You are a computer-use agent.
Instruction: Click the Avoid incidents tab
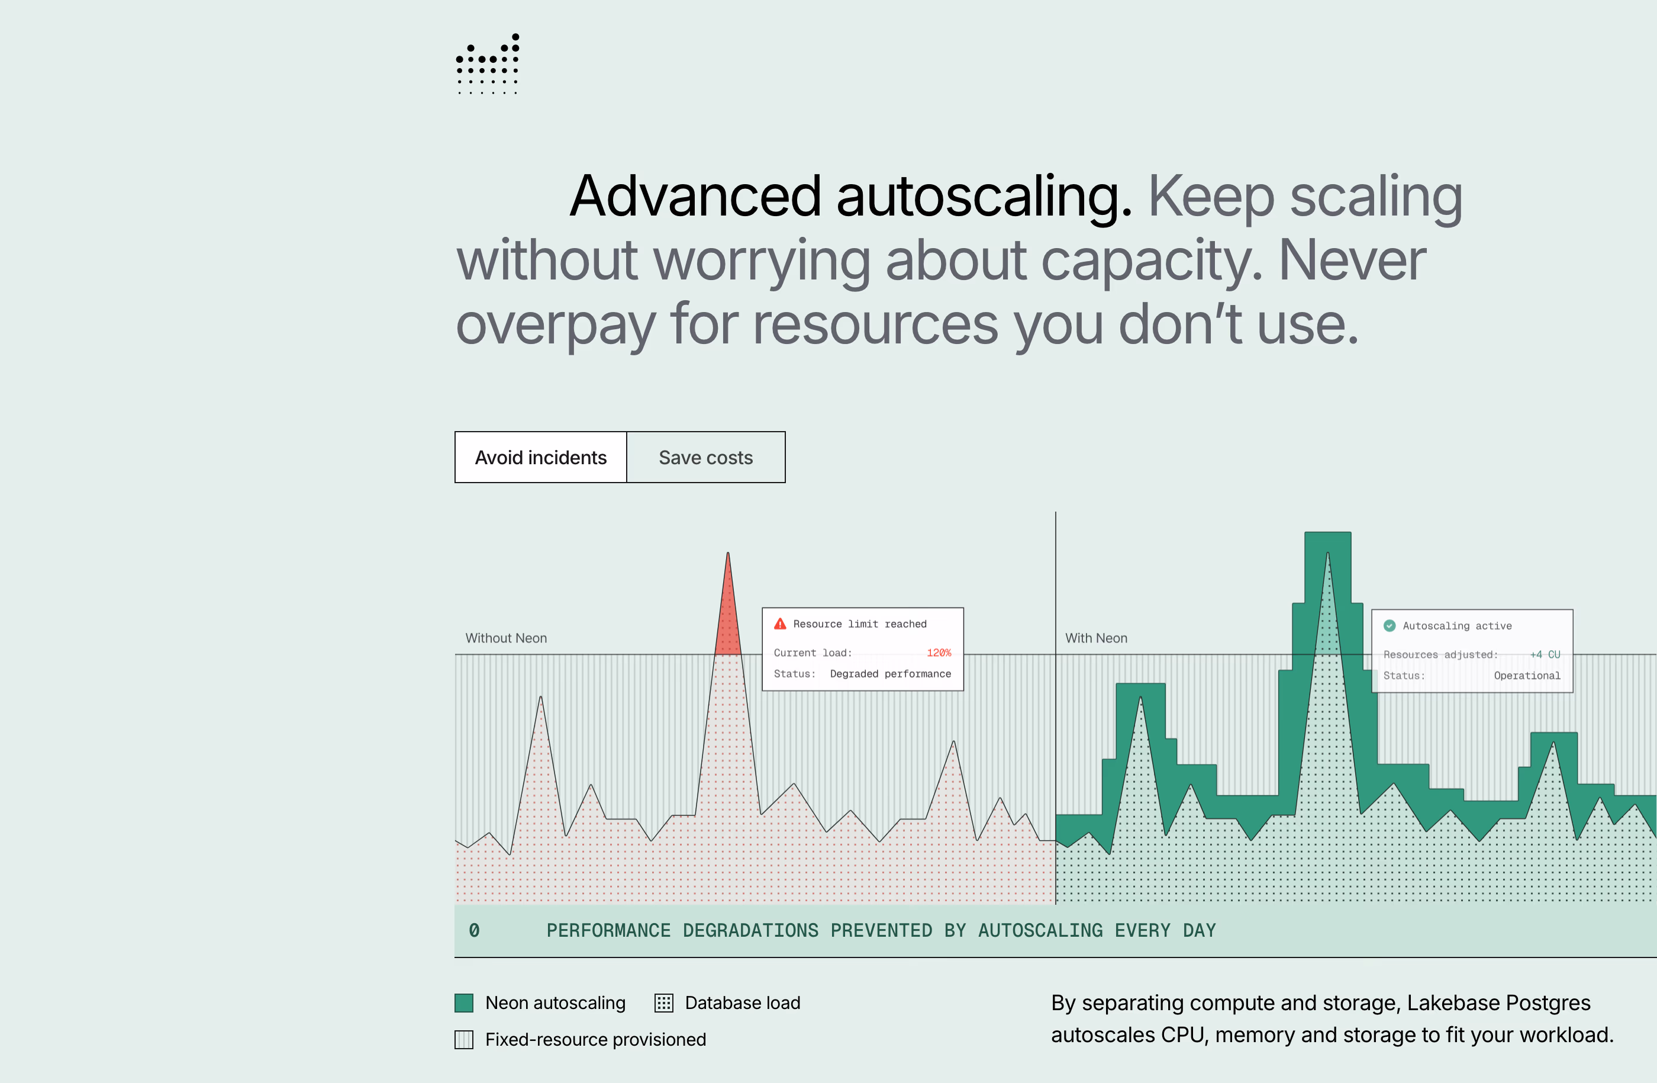click(x=541, y=458)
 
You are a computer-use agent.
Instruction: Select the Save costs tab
click(x=706, y=458)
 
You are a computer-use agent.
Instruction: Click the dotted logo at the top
click(x=488, y=63)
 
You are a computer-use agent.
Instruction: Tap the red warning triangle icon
click(x=781, y=624)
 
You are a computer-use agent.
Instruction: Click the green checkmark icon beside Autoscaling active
click(x=1390, y=625)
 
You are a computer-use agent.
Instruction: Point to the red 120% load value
click(x=939, y=653)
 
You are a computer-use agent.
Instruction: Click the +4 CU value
click(x=1545, y=655)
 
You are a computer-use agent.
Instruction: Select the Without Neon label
click(x=506, y=638)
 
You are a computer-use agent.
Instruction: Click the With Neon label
click(x=1096, y=638)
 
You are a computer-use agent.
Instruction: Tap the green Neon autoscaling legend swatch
click(x=464, y=1003)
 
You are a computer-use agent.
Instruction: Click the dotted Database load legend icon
click(x=663, y=1003)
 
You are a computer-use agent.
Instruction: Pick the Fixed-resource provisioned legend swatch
click(x=464, y=1040)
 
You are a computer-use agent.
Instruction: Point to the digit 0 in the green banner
click(x=474, y=930)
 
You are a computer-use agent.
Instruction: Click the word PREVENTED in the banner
click(x=881, y=930)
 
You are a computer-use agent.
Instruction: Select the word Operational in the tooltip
click(x=1527, y=676)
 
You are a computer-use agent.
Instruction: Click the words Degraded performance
click(x=891, y=673)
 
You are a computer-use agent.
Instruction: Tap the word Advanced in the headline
click(x=695, y=197)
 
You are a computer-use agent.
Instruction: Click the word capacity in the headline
click(x=1152, y=261)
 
